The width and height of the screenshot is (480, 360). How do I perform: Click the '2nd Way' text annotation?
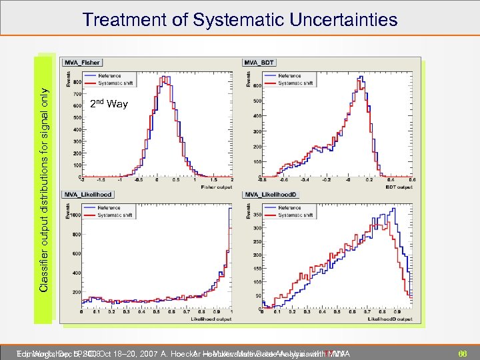click(x=109, y=104)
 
